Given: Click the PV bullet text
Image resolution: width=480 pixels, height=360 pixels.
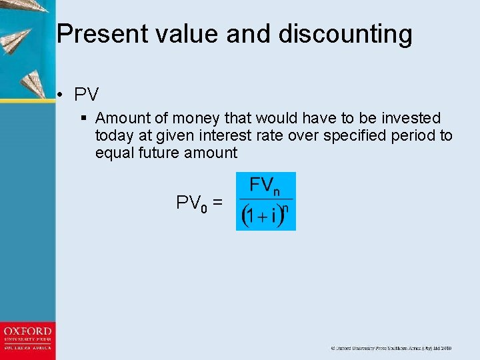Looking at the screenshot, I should click(87, 95).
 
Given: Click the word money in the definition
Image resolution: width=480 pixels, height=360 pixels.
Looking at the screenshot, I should click(197, 119).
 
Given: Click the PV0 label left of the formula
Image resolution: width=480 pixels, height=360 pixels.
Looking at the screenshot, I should click(191, 203).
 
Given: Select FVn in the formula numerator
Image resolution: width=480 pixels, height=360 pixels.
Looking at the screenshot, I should click(265, 186).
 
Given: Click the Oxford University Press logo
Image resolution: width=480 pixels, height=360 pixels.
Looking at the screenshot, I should click(27, 339).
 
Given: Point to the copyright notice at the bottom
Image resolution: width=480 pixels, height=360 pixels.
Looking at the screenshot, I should click(391, 348).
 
